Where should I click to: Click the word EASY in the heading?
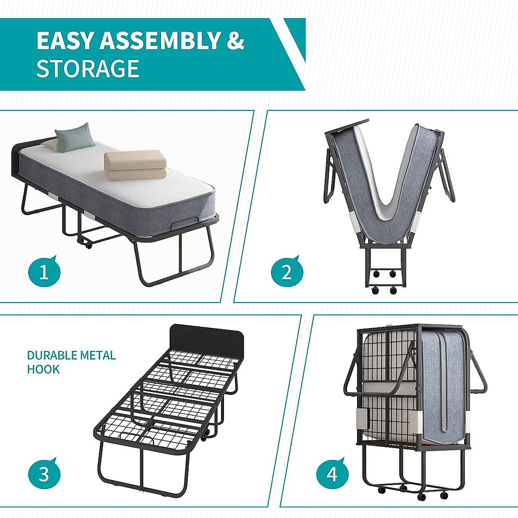(65, 41)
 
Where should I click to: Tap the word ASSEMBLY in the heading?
(160, 41)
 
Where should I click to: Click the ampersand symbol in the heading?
(236, 41)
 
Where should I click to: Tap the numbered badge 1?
(44, 272)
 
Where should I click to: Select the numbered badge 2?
(287, 272)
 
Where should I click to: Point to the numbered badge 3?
(44, 474)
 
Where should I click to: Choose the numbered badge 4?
(332, 474)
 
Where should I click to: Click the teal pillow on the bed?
(75, 137)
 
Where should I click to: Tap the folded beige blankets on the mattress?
(136, 165)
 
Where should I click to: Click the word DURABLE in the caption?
(50, 356)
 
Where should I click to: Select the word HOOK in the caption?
(43, 370)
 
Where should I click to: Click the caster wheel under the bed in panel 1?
(88, 246)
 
